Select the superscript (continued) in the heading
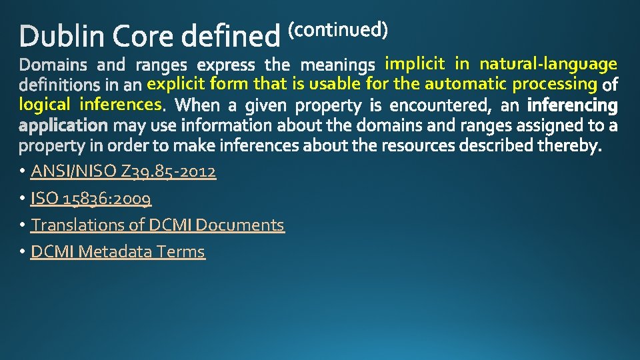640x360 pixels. click(x=337, y=30)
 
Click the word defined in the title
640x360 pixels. click(x=231, y=37)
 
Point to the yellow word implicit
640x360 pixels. click(x=415, y=64)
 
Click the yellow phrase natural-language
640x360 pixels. click(x=548, y=64)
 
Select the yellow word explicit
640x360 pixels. click(x=176, y=84)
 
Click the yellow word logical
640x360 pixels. click(x=45, y=104)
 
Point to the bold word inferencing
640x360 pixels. click(x=572, y=105)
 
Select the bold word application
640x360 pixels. click(x=63, y=125)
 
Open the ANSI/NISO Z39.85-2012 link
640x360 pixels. click(x=123, y=172)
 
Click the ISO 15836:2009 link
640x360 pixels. click(x=91, y=199)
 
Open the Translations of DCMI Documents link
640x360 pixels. click(x=157, y=225)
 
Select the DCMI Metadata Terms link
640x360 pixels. click(x=118, y=252)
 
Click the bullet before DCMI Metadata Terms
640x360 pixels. click(x=22, y=252)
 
